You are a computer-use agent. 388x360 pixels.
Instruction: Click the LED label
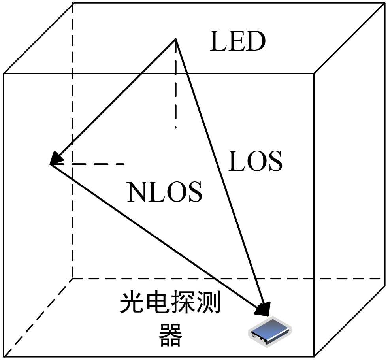click(237, 42)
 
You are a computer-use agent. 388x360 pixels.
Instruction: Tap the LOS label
click(256, 161)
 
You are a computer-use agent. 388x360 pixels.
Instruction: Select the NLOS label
click(165, 192)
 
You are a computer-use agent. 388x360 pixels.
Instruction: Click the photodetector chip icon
click(269, 331)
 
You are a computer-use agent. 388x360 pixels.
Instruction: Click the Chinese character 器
click(170, 335)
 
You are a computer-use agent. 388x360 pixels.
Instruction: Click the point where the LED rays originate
click(175, 39)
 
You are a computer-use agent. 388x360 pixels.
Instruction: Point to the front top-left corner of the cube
click(4, 74)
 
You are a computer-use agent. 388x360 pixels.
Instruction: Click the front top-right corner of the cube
click(314, 74)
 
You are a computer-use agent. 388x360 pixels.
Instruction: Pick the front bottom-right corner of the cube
click(314, 356)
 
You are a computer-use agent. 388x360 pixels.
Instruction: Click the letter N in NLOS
click(136, 192)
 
